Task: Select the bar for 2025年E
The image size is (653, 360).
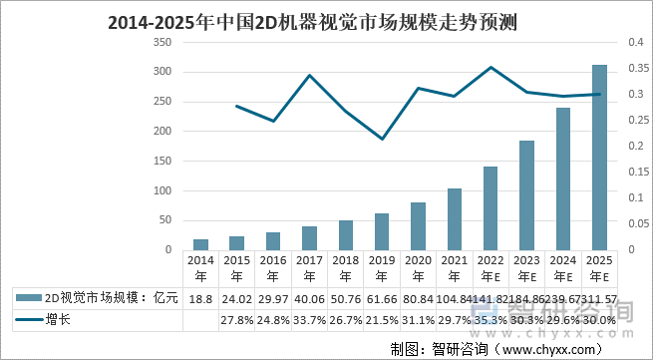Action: pyautogui.click(x=599, y=158)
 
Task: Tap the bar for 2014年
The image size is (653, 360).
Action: pyautogui.click(x=200, y=244)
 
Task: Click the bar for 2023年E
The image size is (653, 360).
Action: pyautogui.click(x=526, y=195)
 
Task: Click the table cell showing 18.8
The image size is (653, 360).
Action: pyautogui.click(x=200, y=298)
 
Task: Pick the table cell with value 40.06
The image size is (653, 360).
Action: pyautogui.click(x=309, y=298)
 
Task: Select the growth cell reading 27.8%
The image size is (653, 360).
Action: pyautogui.click(x=236, y=320)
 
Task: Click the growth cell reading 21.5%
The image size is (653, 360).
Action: pyautogui.click(x=382, y=320)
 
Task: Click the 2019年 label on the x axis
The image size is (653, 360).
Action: pyautogui.click(x=382, y=268)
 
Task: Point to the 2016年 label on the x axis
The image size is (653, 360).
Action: pyautogui.click(x=272, y=268)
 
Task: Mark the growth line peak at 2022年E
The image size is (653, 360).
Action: pyautogui.click(x=490, y=68)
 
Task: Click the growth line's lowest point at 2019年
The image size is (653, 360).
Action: pyautogui.click(x=382, y=139)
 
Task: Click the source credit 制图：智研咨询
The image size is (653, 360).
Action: pyautogui.click(x=439, y=348)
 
